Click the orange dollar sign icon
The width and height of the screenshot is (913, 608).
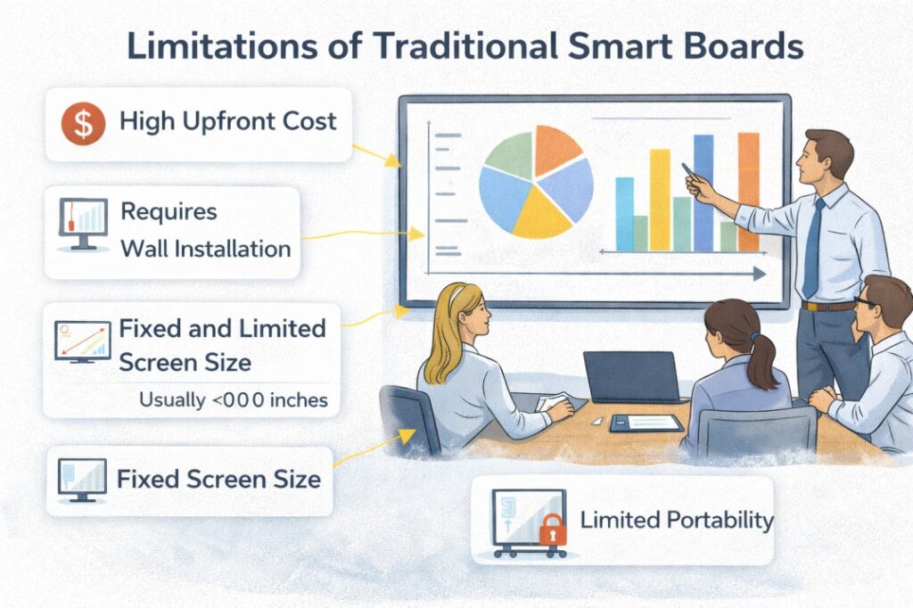pyautogui.click(x=83, y=123)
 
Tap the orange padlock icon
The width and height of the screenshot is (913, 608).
pyautogui.click(x=553, y=530)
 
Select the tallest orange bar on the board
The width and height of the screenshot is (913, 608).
pyautogui.click(x=749, y=193)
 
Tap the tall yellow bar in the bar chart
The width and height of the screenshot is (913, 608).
pyautogui.click(x=660, y=201)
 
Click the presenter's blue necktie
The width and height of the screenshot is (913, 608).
pyautogui.click(x=813, y=248)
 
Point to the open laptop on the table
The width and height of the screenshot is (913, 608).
pyautogui.click(x=632, y=377)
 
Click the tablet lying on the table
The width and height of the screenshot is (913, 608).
pyautogui.click(x=646, y=423)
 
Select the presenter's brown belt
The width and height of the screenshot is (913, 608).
pyautogui.click(x=827, y=305)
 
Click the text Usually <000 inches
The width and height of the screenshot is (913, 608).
pyautogui.click(x=234, y=400)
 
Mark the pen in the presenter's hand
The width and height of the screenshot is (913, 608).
pyautogui.click(x=691, y=172)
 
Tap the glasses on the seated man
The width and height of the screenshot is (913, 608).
pyautogui.click(x=864, y=302)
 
